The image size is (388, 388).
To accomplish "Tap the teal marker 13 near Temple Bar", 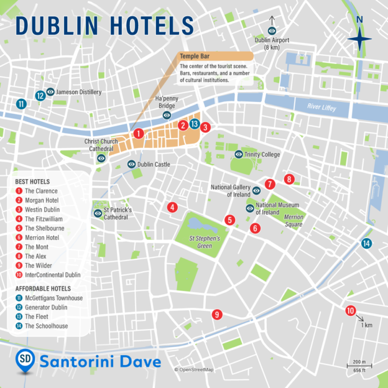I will [x=195, y=124].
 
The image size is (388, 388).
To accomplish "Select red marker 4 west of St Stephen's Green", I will [x=172, y=208].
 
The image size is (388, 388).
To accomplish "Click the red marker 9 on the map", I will [x=217, y=314].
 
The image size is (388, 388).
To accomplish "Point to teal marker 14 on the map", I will [x=367, y=243].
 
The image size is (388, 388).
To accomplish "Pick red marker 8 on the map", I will [x=289, y=179].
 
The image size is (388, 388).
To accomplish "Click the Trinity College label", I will [x=263, y=154].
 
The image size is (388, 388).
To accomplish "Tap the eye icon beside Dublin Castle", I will [x=131, y=164].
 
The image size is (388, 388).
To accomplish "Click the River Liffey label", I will [x=321, y=107].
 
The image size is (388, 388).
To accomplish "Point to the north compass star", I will [x=359, y=39].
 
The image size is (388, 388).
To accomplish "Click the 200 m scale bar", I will [x=359, y=366].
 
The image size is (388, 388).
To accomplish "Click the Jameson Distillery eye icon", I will [x=50, y=91].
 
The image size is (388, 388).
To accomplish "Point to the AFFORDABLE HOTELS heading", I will [x=44, y=289].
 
